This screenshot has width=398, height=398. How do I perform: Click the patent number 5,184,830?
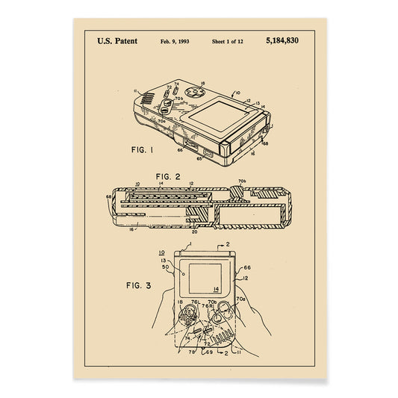click(282, 40)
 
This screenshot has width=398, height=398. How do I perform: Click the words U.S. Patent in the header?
click(116, 40)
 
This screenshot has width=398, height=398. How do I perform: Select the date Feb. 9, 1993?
click(175, 40)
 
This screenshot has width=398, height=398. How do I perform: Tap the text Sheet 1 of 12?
click(228, 40)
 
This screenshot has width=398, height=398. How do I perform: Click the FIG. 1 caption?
click(143, 149)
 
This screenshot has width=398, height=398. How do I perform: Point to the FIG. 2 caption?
click(168, 177)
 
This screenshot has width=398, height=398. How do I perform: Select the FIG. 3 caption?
click(139, 284)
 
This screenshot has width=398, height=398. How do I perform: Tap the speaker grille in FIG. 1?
click(148, 99)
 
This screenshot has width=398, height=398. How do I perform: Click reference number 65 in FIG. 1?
click(199, 158)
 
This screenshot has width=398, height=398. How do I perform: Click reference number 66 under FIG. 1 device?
click(180, 150)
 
